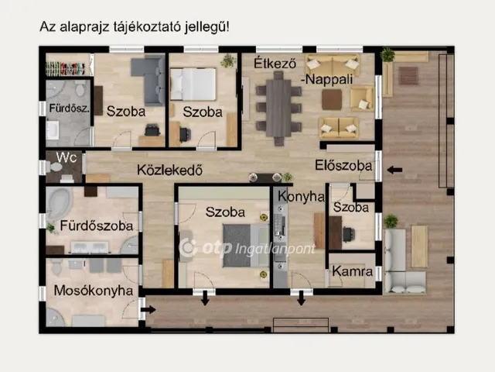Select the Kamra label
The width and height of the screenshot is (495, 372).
tap(353, 272)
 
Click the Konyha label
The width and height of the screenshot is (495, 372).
tap(300, 196)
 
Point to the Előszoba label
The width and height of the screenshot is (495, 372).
tap(343, 165)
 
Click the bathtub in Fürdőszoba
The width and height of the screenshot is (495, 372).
tap(57, 206)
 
